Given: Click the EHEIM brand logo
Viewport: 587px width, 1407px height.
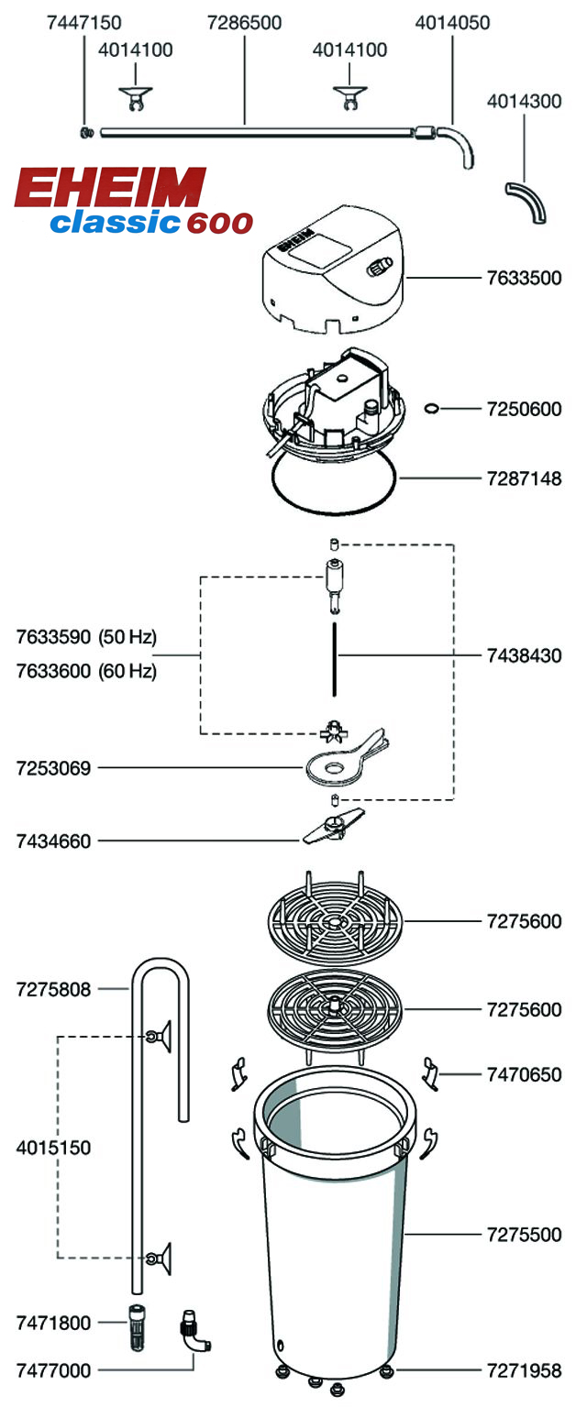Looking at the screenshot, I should [x=110, y=188].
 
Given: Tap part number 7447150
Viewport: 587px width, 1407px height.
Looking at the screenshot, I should [x=83, y=22].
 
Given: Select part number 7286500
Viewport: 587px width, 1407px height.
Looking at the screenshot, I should [x=245, y=22].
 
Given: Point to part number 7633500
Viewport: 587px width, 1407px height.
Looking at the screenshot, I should [x=524, y=278].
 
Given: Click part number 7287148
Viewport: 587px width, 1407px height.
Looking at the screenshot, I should [x=524, y=478].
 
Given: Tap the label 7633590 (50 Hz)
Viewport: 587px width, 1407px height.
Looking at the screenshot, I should [x=87, y=636].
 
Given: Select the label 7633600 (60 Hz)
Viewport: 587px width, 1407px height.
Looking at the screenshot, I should [x=87, y=671].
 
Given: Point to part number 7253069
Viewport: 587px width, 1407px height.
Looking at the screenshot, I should [x=54, y=768].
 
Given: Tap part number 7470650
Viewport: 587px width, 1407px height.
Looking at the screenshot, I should [x=524, y=1073].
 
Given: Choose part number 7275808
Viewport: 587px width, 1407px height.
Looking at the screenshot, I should [x=54, y=989].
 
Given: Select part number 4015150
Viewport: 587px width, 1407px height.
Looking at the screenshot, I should [x=54, y=1147].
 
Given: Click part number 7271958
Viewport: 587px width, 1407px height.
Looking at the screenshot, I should [x=524, y=1371].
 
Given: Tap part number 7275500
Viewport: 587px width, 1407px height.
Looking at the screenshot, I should [x=524, y=1235].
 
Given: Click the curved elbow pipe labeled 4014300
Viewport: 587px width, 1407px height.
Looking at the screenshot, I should [x=527, y=201].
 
